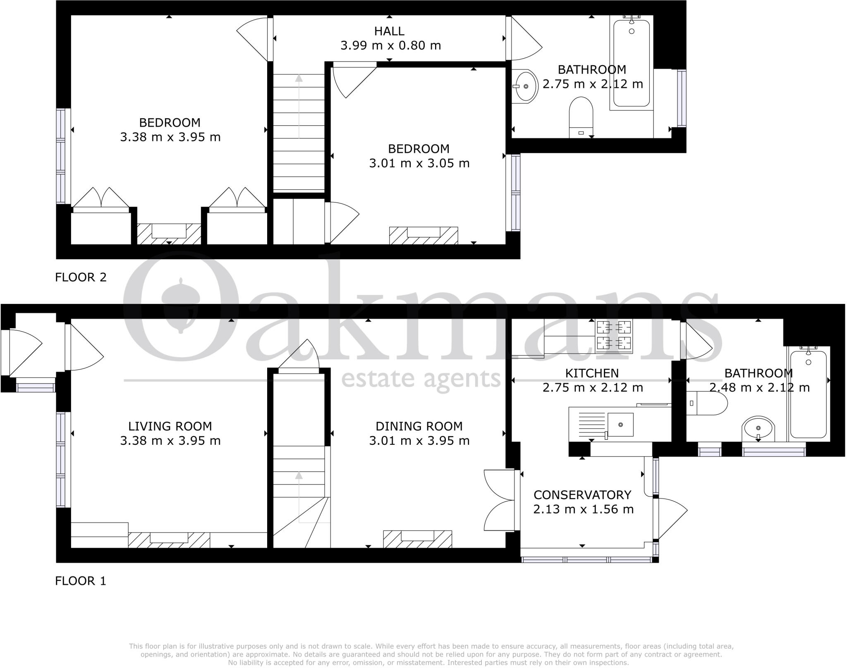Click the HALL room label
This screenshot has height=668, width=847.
coord(389,31)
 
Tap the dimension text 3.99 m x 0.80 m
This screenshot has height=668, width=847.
coord(390,45)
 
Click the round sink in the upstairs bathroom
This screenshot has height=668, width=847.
coord(525,86)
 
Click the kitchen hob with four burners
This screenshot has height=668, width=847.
coord(614,335)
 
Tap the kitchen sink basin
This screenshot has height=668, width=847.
coord(620,425)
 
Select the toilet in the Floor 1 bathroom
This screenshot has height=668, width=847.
coord(707,403)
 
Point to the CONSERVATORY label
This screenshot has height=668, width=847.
coord(582,495)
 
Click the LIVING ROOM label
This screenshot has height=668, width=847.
coord(170,426)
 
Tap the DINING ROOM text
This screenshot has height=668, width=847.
coord(419,426)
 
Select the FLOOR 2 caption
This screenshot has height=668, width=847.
coord(81,277)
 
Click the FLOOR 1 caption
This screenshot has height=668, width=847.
coord(81,581)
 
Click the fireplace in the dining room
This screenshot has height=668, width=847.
coord(417,539)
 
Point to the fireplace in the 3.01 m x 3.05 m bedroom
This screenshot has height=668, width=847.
coord(423,236)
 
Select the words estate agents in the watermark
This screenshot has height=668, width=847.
coord(421,378)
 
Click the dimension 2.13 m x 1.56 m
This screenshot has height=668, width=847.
coord(583,509)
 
